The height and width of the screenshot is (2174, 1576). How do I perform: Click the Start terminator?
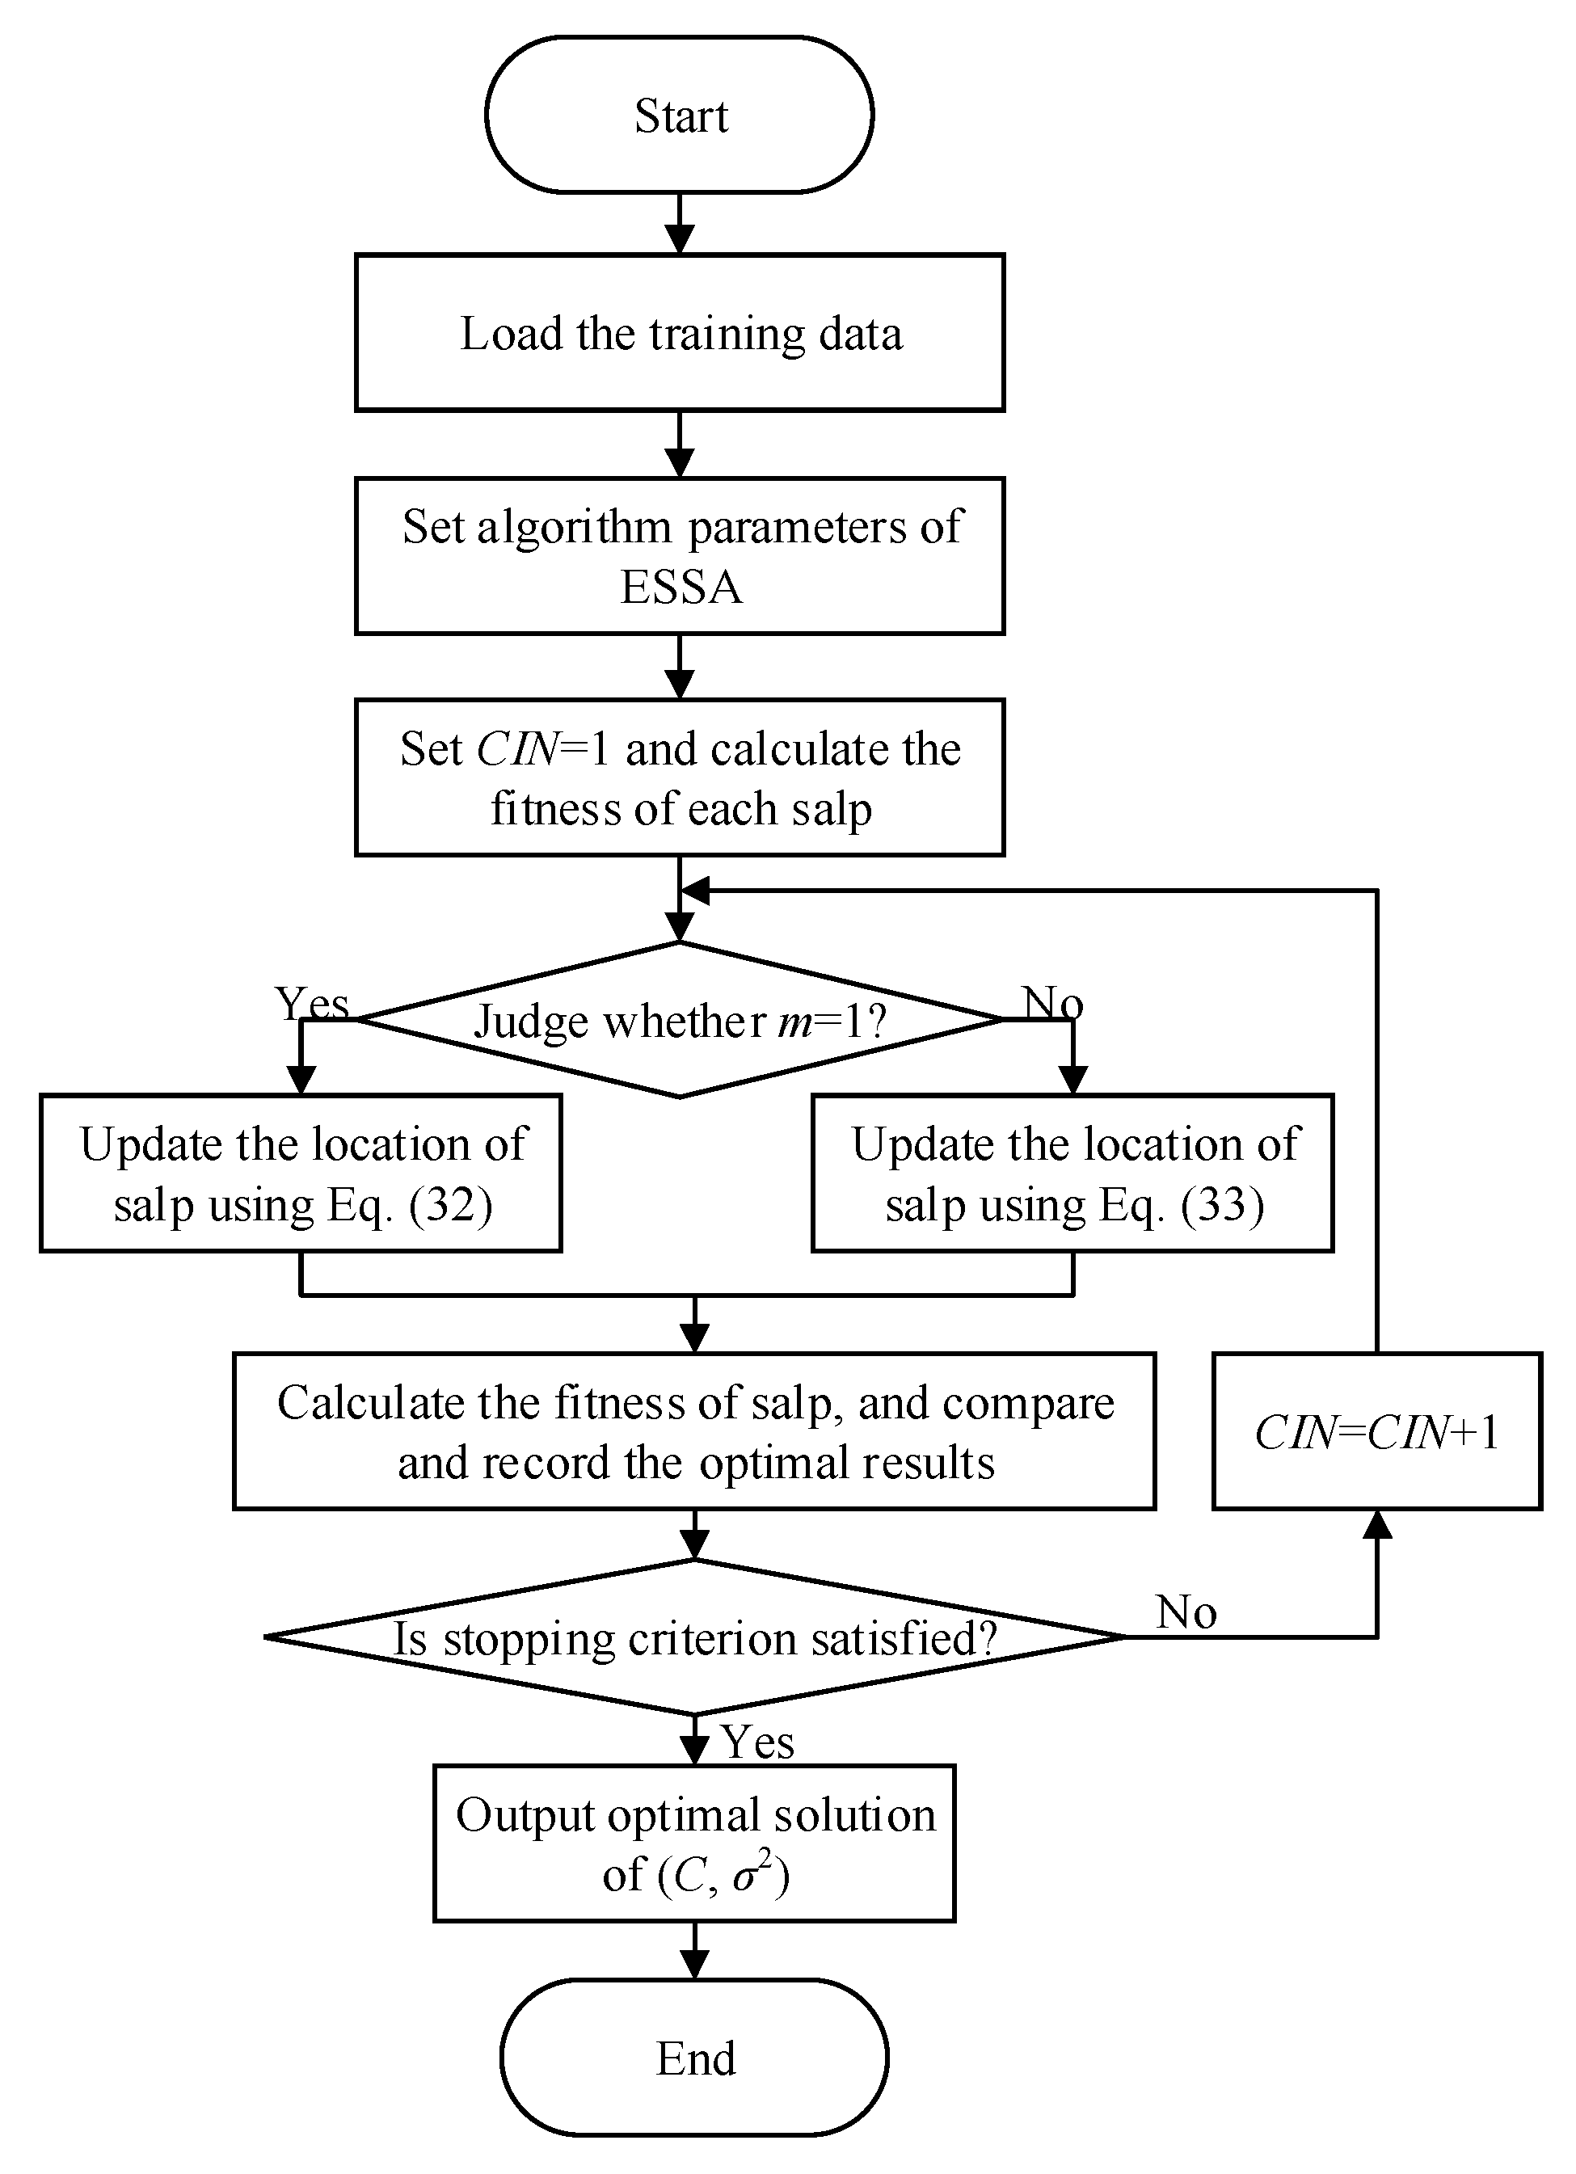coord(679,115)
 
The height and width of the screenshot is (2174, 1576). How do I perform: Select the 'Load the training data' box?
coord(679,333)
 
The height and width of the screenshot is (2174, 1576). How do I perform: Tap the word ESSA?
coord(681,587)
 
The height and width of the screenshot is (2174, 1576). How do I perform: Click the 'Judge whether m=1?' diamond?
coord(679,1020)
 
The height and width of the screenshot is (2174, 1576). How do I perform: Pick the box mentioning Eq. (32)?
coord(301,1173)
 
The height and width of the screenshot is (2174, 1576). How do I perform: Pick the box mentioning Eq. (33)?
coord(1072,1173)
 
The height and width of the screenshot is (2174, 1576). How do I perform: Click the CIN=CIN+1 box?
coord(1376,1432)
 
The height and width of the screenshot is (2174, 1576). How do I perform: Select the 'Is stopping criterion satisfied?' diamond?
coord(694,1638)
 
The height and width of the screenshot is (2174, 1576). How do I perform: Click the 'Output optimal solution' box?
coord(694,1843)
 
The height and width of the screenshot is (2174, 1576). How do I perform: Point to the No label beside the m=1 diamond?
coord(1052,1003)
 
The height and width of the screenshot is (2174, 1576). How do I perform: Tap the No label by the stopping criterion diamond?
coord(1186,1612)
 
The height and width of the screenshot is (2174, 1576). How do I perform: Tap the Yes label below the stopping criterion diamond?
coord(757,1742)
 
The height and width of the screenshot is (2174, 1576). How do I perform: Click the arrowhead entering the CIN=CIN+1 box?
coord(1376,1525)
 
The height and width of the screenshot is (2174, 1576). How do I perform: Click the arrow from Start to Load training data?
coord(679,223)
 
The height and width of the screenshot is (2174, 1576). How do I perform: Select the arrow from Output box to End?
coord(694,1949)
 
